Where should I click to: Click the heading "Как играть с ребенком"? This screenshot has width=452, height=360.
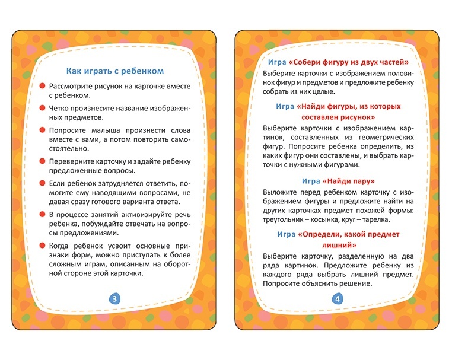tap(114, 71)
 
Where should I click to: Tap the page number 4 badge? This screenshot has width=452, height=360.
tap(338, 299)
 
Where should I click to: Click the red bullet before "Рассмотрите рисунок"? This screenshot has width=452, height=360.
tap(43, 87)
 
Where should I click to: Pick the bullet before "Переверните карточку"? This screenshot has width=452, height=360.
tap(43, 161)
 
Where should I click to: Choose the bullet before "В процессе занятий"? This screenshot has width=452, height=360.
tap(43, 214)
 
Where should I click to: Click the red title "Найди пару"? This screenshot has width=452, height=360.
tap(349, 180)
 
